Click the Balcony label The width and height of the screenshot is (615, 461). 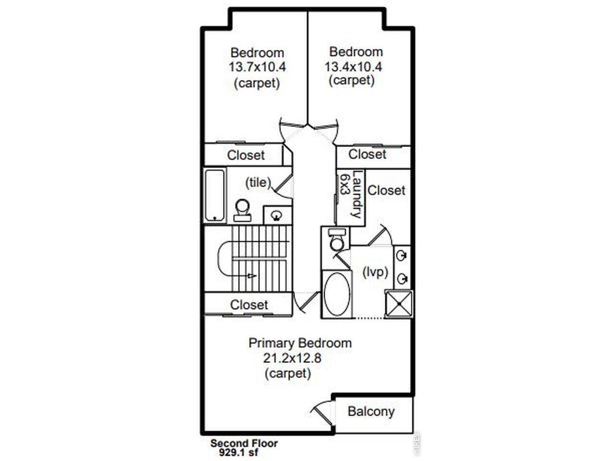click(x=371, y=412)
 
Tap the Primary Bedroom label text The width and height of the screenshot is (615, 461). click(x=300, y=343)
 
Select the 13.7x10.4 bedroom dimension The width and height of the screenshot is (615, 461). click(x=257, y=67)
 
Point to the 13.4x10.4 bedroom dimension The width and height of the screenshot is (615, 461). click(x=353, y=67)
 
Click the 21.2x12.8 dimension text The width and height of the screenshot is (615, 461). click(x=292, y=358)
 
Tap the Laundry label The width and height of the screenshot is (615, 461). click(x=357, y=194)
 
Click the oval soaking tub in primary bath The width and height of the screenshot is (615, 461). click(x=337, y=294)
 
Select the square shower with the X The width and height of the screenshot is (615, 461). click(x=399, y=303)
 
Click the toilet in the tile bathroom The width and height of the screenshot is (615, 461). click(x=242, y=210)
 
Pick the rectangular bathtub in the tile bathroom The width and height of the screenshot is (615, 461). click(x=215, y=195)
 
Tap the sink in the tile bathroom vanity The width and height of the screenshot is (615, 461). click(x=277, y=215)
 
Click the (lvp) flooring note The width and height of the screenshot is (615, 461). click(x=375, y=272)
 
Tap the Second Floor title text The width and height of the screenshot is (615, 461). click(x=244, y=443)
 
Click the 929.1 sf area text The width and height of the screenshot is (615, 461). click(x=239, y=453)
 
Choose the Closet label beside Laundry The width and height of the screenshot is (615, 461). click(x=386, y=191)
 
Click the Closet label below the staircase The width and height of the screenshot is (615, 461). click(x=249, y=305)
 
